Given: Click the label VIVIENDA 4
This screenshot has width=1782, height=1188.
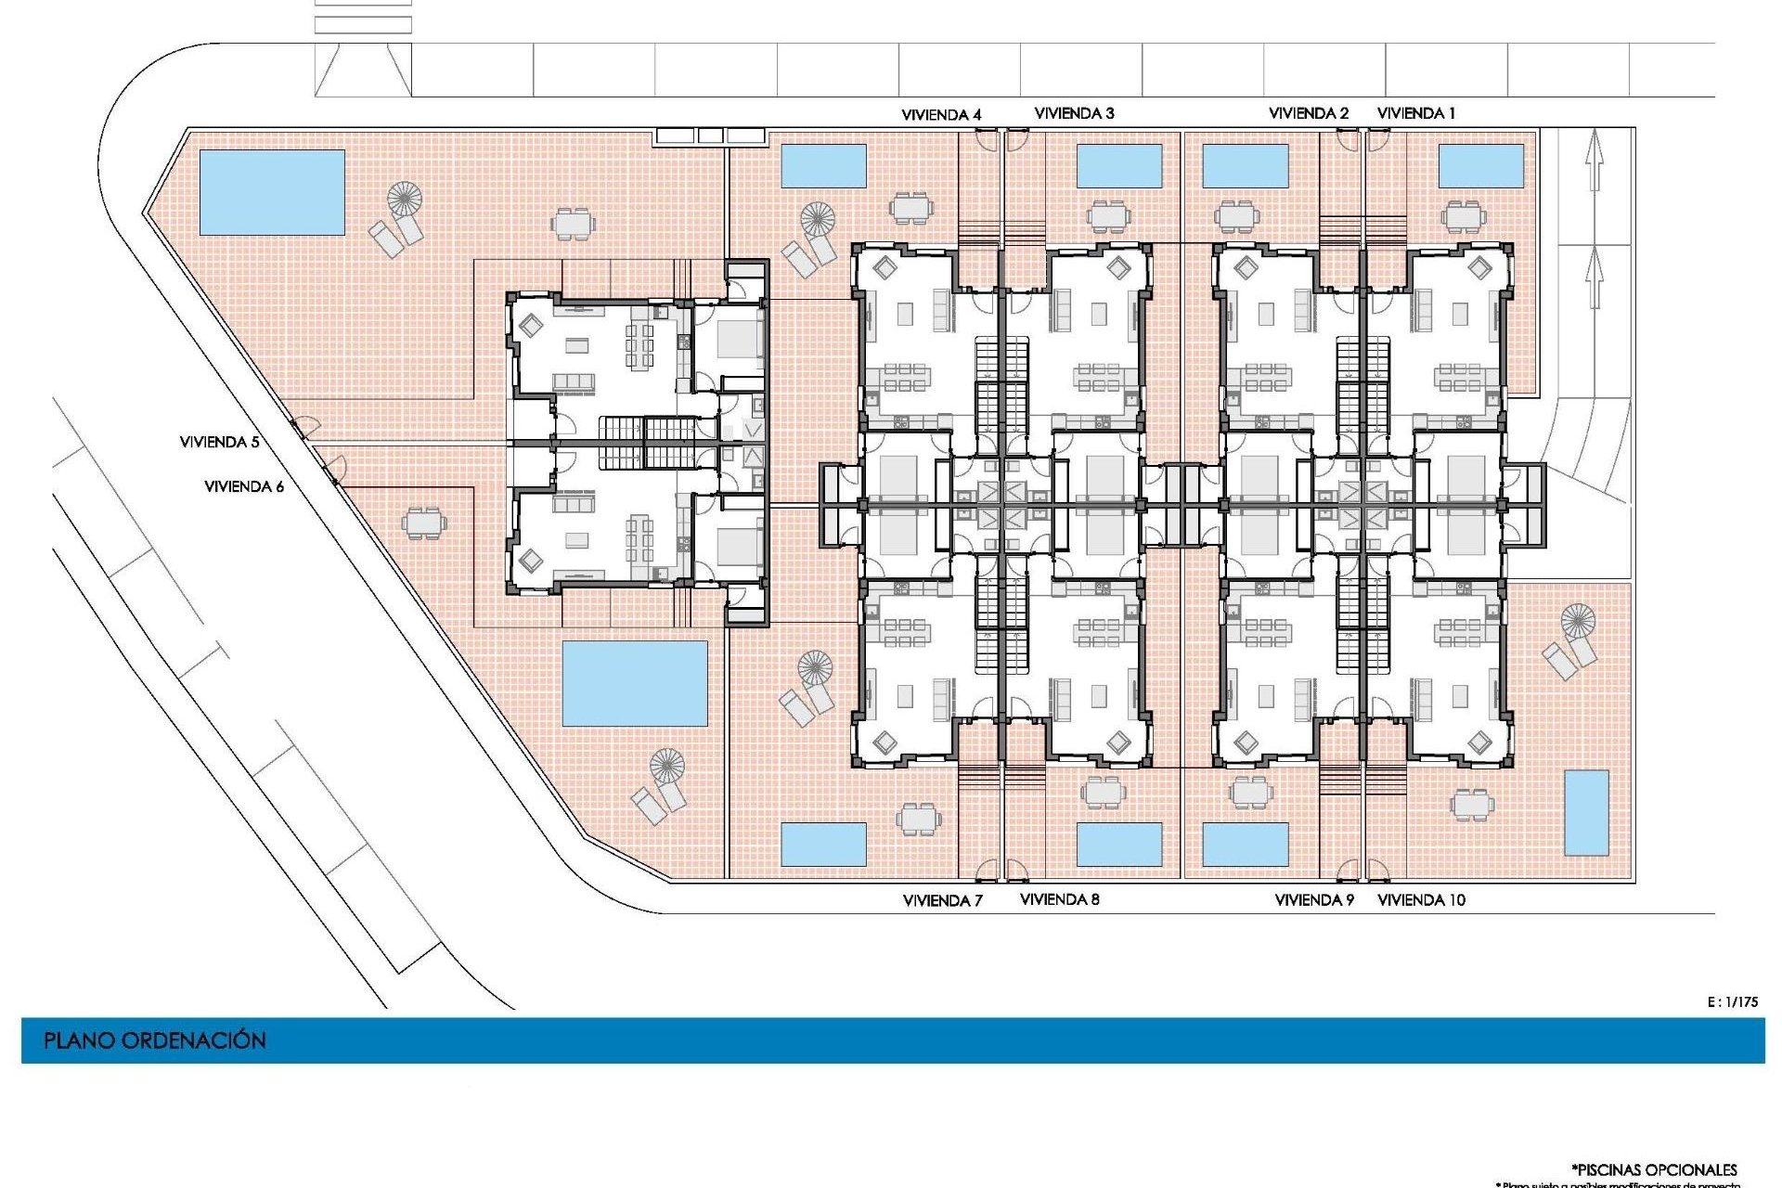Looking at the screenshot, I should point(941,115).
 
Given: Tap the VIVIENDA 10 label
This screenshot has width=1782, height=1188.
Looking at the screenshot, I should point(1421,900).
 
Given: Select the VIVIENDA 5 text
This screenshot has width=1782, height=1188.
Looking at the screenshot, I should point(219,443).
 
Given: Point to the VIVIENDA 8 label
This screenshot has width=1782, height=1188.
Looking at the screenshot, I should point(1059,899).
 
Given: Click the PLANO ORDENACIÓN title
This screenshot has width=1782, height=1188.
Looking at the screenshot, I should point(155,1040).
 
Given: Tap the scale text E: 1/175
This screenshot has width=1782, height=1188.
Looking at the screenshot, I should point(1732,1002).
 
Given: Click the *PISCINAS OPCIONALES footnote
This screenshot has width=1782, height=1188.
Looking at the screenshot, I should point(1654,1169).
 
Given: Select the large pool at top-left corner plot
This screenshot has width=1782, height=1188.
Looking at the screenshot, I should point(272,192).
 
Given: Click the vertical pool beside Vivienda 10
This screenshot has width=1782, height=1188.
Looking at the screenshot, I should point(1586,813).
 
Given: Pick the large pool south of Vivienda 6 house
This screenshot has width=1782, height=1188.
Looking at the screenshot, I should point(635,683).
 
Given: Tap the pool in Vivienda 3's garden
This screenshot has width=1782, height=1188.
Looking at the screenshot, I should point(1118,165).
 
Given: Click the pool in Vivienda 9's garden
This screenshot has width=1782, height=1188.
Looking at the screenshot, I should point(1245,845).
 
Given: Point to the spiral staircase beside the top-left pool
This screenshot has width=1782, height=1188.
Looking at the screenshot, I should point(405,198).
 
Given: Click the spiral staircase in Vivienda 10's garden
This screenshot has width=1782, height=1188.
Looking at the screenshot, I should point(1577,620).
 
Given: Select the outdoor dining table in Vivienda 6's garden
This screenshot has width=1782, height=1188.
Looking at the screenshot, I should point(423,523).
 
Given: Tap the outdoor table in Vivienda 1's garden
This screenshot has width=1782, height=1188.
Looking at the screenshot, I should point(1463,217).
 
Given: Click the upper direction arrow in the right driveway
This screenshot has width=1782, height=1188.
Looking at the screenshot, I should point(1595,159).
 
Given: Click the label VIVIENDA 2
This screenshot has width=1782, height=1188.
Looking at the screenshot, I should point(1308,113).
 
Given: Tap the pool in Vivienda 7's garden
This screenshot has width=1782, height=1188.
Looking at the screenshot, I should point(823,845).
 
